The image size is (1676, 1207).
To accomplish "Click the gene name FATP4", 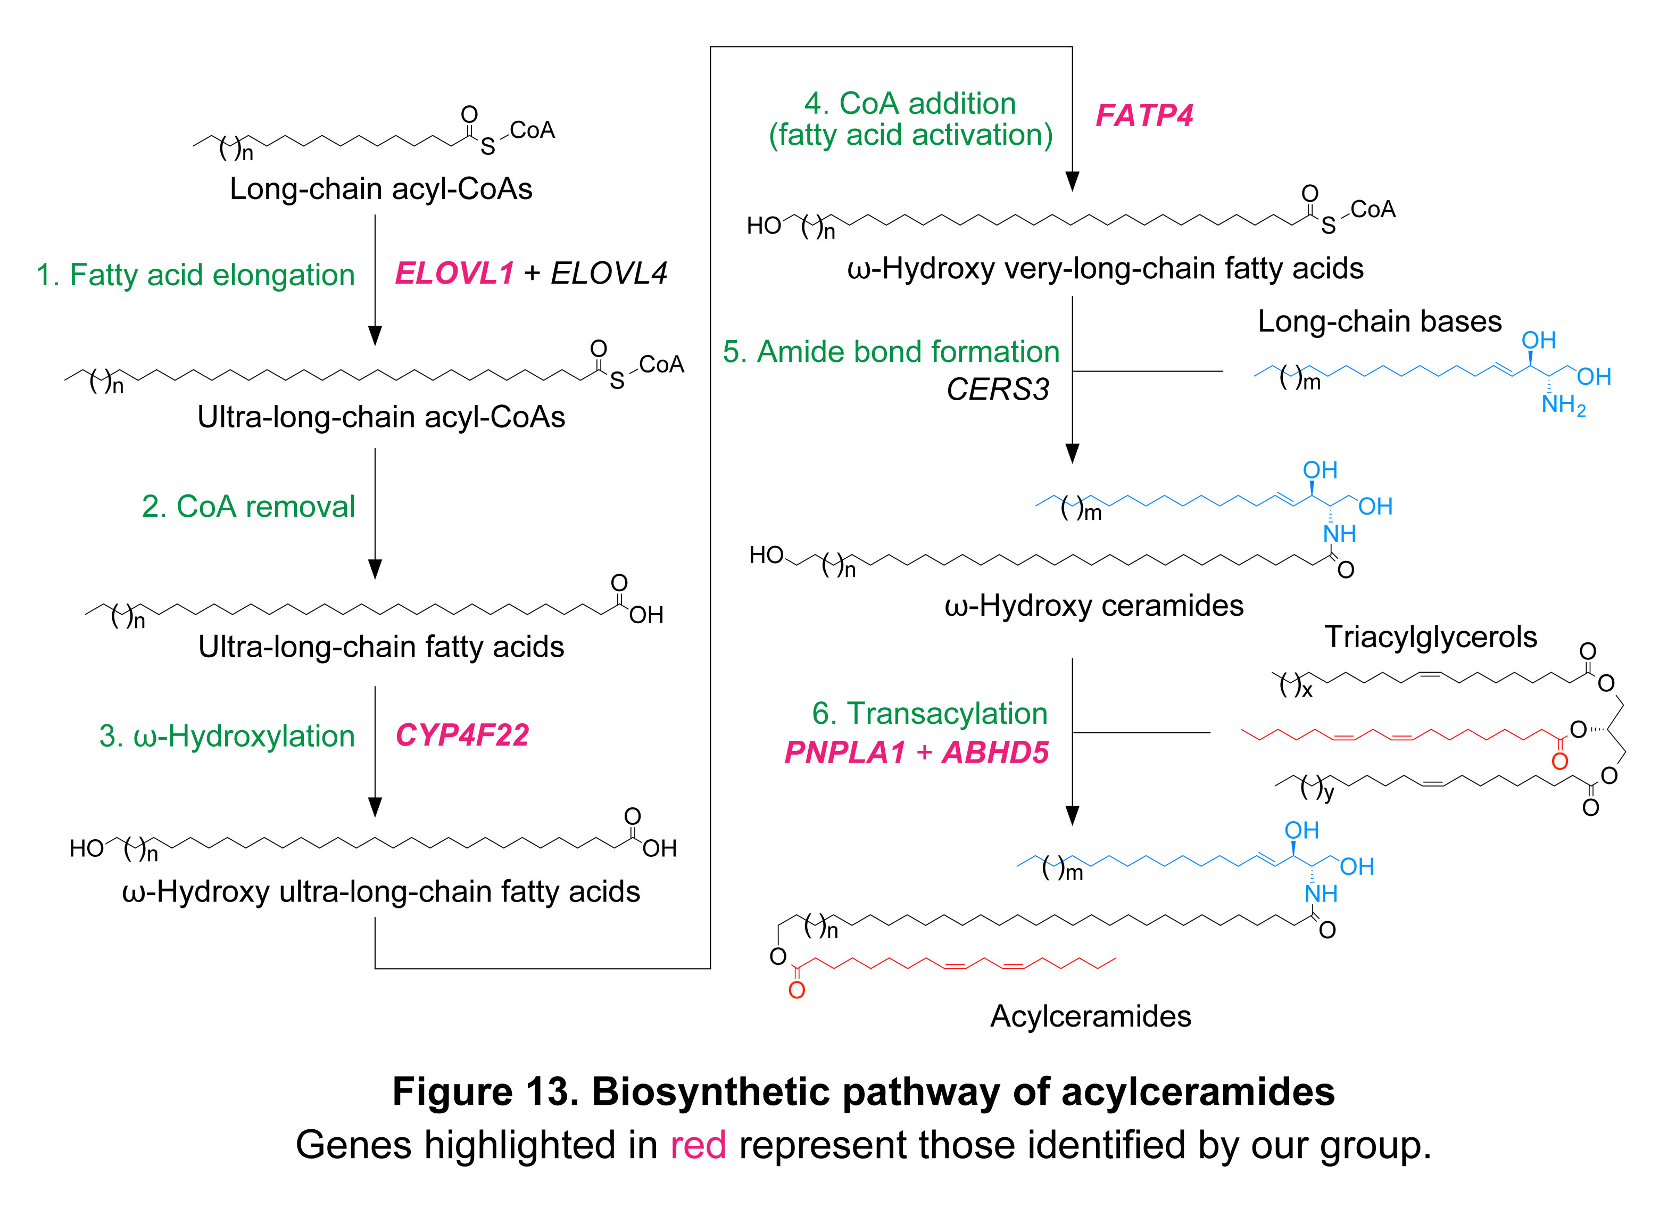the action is tap(1144, 115).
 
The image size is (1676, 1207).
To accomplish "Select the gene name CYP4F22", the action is tap(462, 735).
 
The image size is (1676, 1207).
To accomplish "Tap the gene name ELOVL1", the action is tap(454, 274).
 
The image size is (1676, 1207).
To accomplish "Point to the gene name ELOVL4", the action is tap(609, 274).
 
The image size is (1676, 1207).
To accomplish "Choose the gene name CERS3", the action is tap(998, 390).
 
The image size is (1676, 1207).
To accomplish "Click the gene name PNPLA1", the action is tap(845, 753).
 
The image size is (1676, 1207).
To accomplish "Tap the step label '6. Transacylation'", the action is tap(930, 713).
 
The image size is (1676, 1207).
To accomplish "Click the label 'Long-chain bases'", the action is tap(1380, 321).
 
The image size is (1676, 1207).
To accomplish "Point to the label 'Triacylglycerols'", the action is tap(1431, 637).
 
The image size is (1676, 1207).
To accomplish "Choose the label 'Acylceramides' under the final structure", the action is tap(1091, 1016).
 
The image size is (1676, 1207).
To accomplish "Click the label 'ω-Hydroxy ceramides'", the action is tap(1094, 606).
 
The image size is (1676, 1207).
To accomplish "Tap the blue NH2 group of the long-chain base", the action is tap(1563, 405).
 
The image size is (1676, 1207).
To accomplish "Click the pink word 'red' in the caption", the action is tap(698, 1146).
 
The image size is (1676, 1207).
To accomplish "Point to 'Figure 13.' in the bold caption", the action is tap(485, 1092).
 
